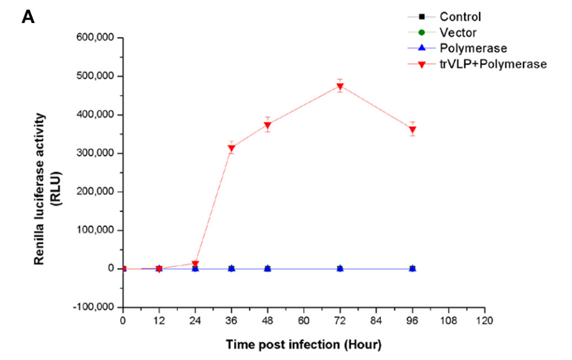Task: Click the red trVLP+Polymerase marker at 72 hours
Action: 340,87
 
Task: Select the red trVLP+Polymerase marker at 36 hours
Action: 231,149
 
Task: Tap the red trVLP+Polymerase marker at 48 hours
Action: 268,125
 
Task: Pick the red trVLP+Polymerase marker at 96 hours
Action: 412,130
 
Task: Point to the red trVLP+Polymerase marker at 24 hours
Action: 195,264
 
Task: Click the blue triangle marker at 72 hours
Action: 340,268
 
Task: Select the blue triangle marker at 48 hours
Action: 268,268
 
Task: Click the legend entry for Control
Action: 460,17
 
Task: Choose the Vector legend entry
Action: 458,32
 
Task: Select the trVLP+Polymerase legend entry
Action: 493,63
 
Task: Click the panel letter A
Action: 28,17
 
